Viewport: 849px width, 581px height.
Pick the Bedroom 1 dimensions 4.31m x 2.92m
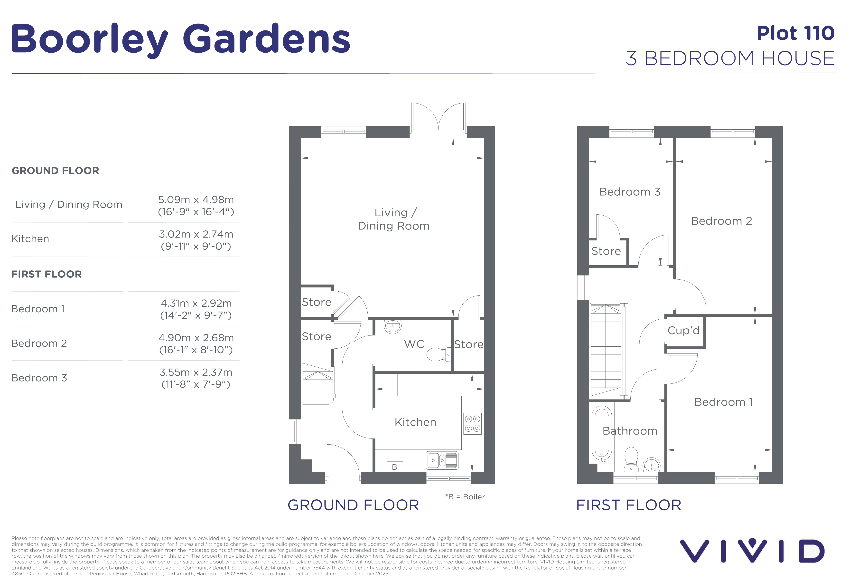[196, 303]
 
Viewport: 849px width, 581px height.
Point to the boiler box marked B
[394, 467]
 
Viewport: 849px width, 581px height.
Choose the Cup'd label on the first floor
[683, 330]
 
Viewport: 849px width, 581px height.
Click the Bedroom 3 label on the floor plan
[630, 192]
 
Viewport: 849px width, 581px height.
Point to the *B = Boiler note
[465, 497]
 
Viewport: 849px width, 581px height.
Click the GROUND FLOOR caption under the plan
[353, 505]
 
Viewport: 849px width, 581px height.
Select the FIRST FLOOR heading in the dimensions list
[47, 274]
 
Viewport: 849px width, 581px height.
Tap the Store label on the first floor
[606, 251]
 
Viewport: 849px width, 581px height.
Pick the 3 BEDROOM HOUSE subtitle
[730, 58]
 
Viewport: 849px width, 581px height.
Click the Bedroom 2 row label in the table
[39, 343]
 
